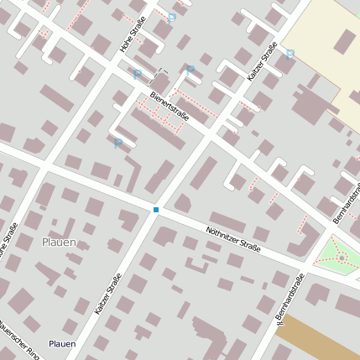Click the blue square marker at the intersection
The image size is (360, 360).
pyautogui.click(x=156, y=209)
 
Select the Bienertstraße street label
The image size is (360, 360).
pyautogui.click(x=170, y=107)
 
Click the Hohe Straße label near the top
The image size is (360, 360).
pyautogui.click(x=133, y=34)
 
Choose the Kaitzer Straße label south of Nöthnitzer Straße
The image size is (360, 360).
pyautogui.click(x=108, y=294)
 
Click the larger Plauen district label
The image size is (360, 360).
pyautogui.click(x=59, y=243)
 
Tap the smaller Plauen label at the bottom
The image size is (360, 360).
pyautogui.click(x=62, y=344)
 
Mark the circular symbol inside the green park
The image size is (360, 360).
pyautogui.click(x=341, y=257)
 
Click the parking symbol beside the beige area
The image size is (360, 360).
pyautogui.click(x=290, y=55)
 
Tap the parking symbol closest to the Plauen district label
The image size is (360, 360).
pyautogui.click(x=117, y=143)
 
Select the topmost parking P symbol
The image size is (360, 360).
pyautogui.click(x=172, y=18)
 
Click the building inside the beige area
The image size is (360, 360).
pyautogui.click(x=346, y=42)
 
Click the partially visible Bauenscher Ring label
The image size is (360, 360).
pyautogui.click(x=18, y=336)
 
